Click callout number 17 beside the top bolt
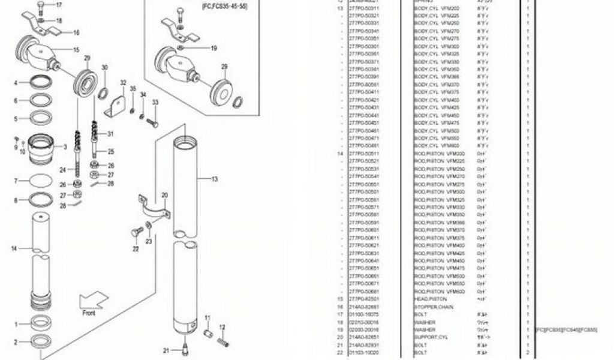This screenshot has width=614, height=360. (59, 5)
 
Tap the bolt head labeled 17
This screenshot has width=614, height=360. (41, 5)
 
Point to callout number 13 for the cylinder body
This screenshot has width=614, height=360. (215, 178)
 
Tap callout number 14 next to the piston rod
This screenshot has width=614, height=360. (14, 248)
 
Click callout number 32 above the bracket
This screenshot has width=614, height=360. (124, 83)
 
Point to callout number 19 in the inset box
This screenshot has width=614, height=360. (213, 48)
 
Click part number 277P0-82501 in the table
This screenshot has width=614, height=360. (364, 299)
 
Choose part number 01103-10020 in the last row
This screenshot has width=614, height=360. (364, 353)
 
